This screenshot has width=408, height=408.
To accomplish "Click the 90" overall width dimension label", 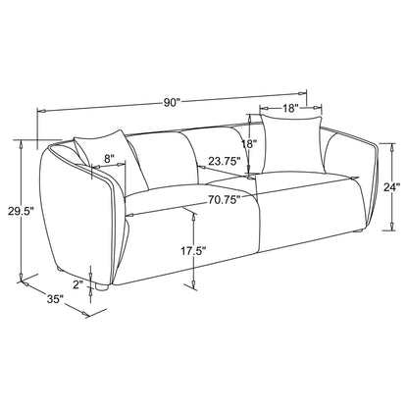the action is coord(172,103).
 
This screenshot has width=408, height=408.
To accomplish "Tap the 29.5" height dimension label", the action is coord(21,211).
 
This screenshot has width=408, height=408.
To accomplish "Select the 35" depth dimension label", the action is coord(55,299).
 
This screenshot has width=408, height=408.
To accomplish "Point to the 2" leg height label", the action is coord(78,284).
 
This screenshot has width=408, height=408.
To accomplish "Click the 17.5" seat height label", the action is coord(193,251).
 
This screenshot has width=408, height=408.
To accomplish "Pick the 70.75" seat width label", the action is coord(225,199).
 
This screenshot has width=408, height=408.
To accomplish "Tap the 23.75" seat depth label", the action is coord(225,161).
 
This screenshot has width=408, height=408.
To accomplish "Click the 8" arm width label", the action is coord(109,159).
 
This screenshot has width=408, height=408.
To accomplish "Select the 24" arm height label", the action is coord(391,187).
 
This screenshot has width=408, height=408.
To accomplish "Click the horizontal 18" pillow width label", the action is coord(290,108).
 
